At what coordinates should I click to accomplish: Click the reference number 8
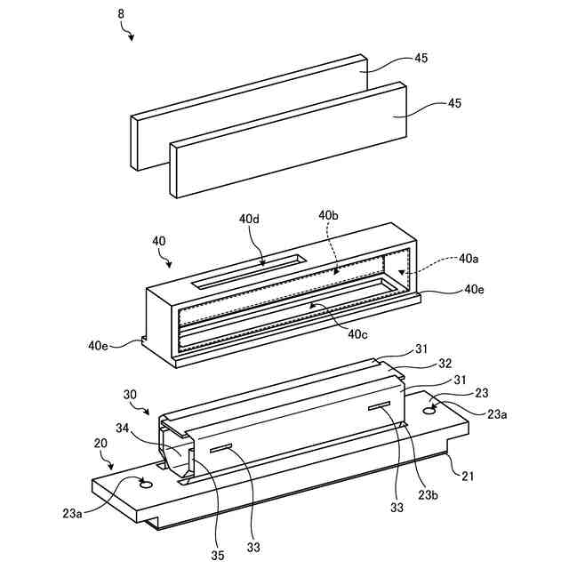[x=122, y=15]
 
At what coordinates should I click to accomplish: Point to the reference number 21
[x=467, y=476]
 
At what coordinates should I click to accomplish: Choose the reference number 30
[x=131, y=392]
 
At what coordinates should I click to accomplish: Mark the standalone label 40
[x=159, y=240]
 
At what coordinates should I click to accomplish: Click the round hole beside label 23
[x=432, y=410]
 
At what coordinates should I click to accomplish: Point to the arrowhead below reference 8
[x=132, y=38]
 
